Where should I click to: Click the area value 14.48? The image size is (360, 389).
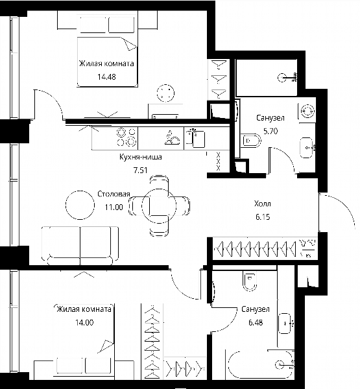pos(106,77)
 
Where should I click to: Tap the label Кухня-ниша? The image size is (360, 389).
pos(141,157)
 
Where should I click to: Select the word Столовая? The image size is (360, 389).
pos(114,194)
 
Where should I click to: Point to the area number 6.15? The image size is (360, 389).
pos(263,217)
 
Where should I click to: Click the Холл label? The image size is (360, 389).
pos(263,204)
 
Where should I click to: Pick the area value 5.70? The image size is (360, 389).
pos(270,131)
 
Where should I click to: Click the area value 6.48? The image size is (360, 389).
pos(256,322)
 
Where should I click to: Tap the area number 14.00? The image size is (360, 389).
pos(84,322)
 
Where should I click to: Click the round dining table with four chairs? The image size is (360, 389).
pos(159,206)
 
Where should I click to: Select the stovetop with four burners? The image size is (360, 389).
pos(126,137)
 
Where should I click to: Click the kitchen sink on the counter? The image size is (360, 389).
pos(195,138)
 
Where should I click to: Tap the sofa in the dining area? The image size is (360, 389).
pos(80,245)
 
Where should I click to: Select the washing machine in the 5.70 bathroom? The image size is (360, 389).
pos(307,111)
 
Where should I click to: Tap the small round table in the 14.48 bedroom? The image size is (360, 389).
pos(165,93)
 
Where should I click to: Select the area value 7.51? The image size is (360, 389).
pos(141,171)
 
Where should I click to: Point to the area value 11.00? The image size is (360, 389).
pos(114,207)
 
